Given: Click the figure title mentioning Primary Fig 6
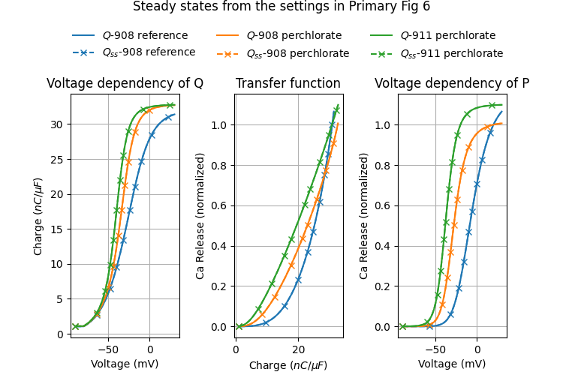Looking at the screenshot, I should (281, 7).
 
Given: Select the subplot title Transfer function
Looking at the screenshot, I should (288, 83).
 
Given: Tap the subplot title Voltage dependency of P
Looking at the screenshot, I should (452, 83).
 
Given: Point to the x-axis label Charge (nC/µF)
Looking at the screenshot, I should (288, 365).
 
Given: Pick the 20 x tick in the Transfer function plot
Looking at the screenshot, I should (298, 349).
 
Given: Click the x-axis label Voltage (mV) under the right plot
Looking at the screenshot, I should (452, 364).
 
